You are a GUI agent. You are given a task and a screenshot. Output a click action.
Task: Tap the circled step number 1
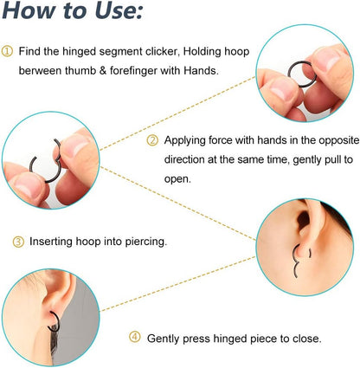(8, 52)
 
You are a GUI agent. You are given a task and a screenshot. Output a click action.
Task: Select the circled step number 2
(152, 139)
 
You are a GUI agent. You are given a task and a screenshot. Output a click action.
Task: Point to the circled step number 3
(17, 242)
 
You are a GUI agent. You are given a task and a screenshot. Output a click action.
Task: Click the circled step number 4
(135, 338)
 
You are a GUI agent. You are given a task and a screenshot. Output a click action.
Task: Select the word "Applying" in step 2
(183, 139)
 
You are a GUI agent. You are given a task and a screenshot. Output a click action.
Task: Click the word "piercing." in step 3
(145, 242)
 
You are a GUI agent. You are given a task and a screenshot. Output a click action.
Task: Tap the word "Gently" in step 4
(165, 338)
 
